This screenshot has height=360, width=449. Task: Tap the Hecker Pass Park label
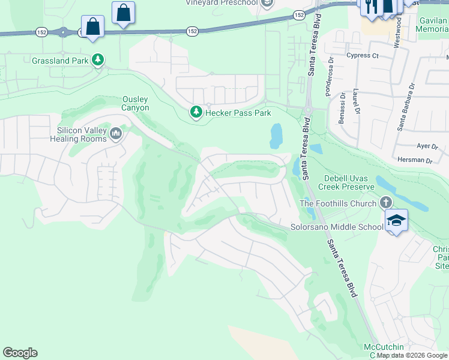click(238, 112)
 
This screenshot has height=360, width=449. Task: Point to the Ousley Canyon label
click(135, 103)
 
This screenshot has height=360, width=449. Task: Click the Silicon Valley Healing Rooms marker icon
click(116, 133)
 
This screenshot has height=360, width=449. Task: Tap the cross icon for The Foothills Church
click(385, 203)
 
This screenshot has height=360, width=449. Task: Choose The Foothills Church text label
click(338, 203)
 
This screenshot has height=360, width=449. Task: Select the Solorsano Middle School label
click(337, 227)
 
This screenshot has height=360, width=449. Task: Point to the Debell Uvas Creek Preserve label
click(357, 182)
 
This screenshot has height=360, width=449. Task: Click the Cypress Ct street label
click(363, 56)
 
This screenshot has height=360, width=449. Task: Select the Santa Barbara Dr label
click(405, 106)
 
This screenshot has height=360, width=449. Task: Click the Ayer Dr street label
click(424, 146)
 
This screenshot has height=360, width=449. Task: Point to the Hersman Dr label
click(415, 160)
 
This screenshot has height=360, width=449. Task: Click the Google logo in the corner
click(20, 353)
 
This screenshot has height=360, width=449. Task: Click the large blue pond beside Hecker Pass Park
click(276, 136)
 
